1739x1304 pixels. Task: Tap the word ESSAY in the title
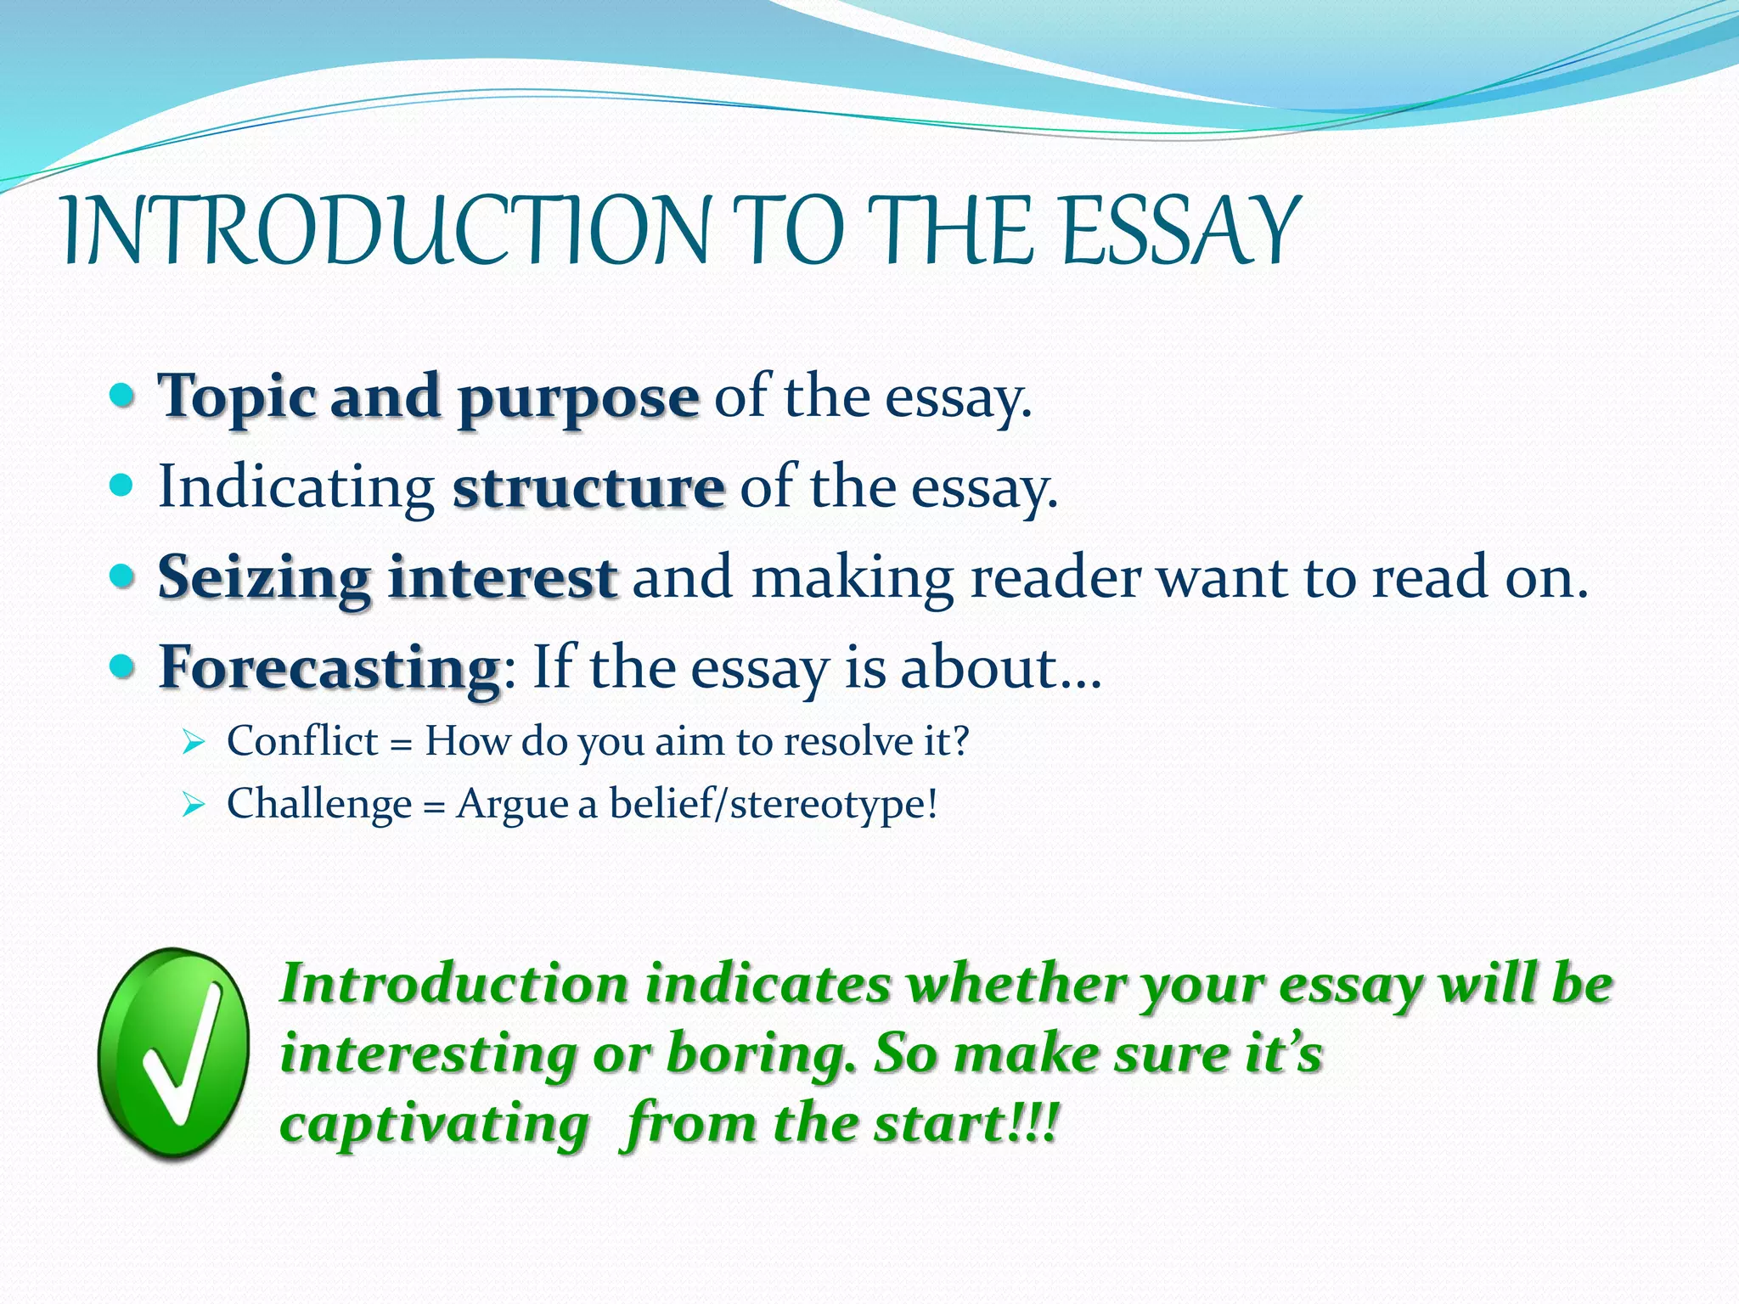[1180, 231]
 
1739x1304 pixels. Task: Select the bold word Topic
[237, 397]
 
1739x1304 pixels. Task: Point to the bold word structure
[588, 488]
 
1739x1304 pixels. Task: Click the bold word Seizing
[264, 577]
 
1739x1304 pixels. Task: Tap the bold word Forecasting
[330, 668]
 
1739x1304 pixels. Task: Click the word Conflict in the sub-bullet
[301, 741]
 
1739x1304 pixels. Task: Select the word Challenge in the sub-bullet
[318, 804]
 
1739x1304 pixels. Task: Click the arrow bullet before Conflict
[194, 744]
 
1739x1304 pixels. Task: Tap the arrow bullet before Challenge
[194, 806]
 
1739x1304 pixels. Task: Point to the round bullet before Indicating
[122, 486]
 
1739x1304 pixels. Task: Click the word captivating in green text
[434, 1124]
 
